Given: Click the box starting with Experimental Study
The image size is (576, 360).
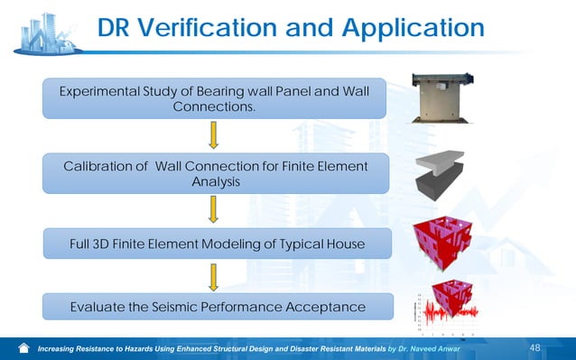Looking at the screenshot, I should click(x=215, y=98).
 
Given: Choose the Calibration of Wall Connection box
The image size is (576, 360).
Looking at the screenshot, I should click(x=215, y=173).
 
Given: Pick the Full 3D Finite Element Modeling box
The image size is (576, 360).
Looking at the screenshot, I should click(x=215, y=243).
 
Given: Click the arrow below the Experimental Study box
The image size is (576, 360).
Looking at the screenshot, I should click(x=214, y=134).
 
